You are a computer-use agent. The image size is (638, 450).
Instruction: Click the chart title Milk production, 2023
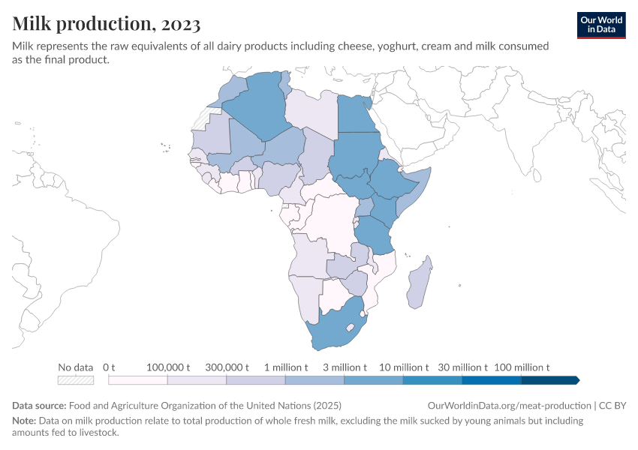(x=107, y=24)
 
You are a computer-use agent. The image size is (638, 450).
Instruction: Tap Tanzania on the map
(x=374, y=233)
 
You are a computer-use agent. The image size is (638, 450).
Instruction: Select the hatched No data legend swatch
(x=76, y=380)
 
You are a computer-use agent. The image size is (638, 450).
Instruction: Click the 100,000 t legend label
(x=167, y=367)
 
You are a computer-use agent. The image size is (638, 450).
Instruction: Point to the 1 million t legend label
(x=286, y=367)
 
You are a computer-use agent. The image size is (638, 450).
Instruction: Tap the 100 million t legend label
(x=522, y=367)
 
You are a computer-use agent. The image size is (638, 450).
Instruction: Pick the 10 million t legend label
(x=404, y=367)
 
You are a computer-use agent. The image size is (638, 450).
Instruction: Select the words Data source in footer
(x=40, y=405)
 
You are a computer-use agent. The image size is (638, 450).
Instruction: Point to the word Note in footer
(x=24, y=421)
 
